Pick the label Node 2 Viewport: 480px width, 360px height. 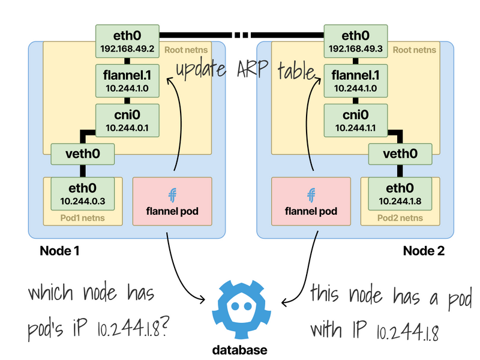click(x=424, y=251)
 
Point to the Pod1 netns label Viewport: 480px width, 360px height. click(x=82, y=217)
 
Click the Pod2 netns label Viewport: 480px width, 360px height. click(x=400, y=217)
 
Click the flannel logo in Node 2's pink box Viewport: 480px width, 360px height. click(x=311, y=194)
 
